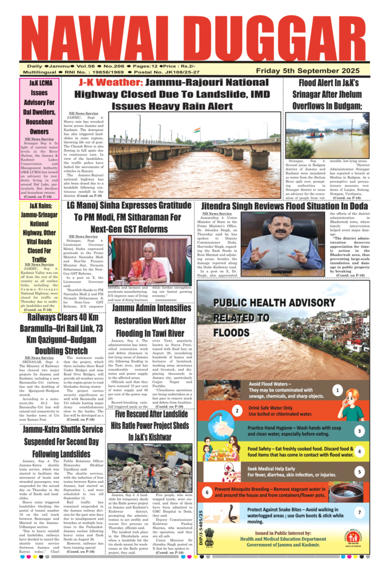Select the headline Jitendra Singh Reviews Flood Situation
tap(282, 205)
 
